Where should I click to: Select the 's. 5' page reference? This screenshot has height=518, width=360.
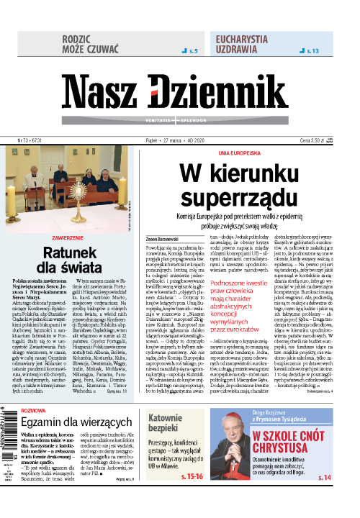click(190, 52)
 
